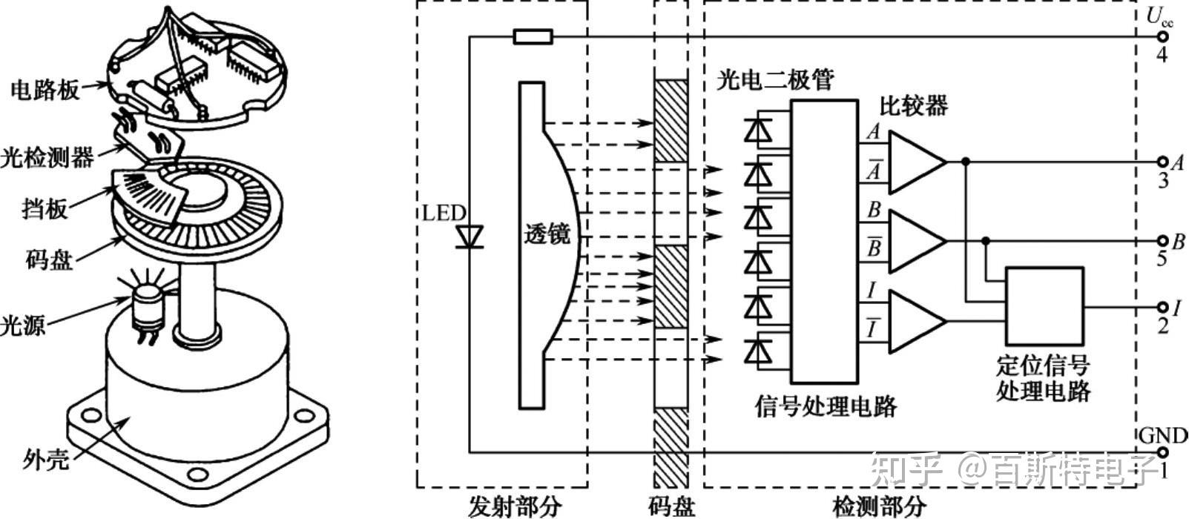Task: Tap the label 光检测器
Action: (47, 156)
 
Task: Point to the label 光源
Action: (24, 323)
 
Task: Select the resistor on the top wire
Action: (533, 36)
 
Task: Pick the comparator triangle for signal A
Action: (915, 162)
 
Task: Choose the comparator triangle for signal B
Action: (915, 241)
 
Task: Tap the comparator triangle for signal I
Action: (915, 320)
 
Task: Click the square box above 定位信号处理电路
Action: (1044, 304)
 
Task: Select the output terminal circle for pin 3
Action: (1162, 162)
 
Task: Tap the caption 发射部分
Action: (515, 506)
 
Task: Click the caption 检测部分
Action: (879, 506)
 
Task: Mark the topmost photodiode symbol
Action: (757, 130)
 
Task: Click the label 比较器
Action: (914, 106)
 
